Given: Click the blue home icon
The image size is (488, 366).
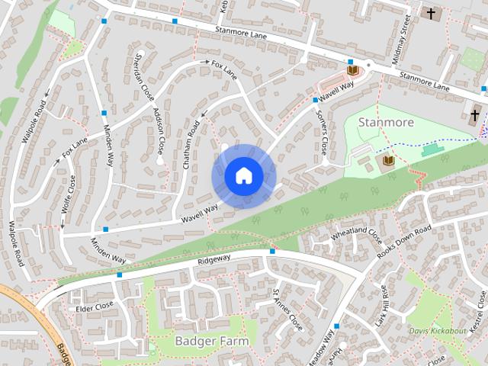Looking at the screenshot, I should tap(243, 176).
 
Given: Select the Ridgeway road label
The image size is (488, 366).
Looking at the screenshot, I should tap(213, 260).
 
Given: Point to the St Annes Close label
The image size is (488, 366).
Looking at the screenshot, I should tap(287, 309).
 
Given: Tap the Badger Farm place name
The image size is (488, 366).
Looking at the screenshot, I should tap(211, 340).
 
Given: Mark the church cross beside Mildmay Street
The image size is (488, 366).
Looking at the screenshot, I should tap(431, 14).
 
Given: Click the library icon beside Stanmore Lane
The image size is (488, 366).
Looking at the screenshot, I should tap(352, 69).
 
